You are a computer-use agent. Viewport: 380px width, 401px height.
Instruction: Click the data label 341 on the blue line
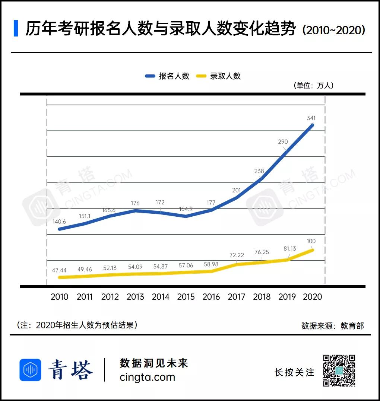pos(311,118)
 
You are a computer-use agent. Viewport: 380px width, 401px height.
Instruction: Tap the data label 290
pos(283,142)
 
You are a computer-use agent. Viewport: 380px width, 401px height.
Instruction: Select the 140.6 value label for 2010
pos(59,222)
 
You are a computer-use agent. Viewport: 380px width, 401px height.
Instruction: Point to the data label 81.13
pos(290,249)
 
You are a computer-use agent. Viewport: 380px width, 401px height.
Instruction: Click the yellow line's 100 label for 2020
pos(311,241)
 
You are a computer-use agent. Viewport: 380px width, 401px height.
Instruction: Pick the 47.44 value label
pos(59,270)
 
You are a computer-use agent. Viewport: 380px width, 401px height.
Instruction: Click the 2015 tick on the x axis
pos(186,297)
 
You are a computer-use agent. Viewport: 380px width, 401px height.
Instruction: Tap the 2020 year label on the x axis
pos(313,297)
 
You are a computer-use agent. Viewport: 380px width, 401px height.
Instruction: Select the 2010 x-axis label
pos(59,297)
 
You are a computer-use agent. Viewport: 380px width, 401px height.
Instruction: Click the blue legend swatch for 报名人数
pos(150,76)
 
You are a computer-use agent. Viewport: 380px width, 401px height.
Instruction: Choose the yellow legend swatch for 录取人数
pos(201,76)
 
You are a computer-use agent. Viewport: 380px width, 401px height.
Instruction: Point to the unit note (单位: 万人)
pos(313,85)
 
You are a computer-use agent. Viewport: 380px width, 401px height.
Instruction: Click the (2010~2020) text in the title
pos(334,30)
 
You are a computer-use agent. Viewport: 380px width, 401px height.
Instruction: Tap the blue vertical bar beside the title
pos(16,28)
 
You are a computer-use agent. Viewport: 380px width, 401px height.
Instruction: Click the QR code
pos(339,370)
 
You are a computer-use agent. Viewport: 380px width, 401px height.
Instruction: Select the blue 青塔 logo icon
pos(30,370)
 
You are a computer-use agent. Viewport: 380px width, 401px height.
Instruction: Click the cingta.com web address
pos(148,377)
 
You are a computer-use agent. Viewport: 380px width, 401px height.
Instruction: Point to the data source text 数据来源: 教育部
pos(332,325)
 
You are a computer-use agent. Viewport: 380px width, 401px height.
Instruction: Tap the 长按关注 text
pos(294,372)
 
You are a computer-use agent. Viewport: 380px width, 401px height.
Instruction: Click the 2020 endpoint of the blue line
pos(313,125)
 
